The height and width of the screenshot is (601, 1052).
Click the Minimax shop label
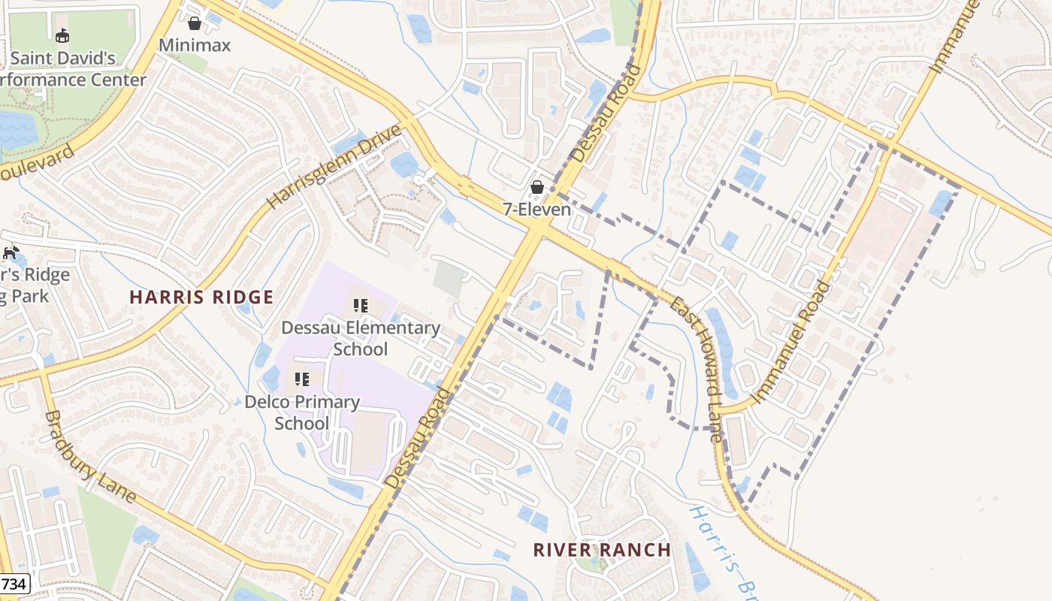coord(195,45)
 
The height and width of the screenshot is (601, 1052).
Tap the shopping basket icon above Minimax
coord(195,23)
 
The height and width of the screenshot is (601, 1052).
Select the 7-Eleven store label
coord(537,210)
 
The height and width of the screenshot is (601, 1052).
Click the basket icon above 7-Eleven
coord(537,187)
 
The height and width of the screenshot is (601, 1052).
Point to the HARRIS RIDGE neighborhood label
coord(201,297)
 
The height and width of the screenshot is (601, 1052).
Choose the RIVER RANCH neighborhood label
coord(602,550)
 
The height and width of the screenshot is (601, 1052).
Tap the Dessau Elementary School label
coord(361,338)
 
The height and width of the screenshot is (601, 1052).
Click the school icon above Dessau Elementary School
coord(361,306)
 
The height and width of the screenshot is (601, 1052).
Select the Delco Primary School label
coord(302,412)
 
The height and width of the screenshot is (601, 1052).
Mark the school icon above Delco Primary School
coord(302,379)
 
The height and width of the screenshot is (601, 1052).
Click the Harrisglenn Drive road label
coord(334,168)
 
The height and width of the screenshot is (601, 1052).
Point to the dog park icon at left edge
coord(10,252)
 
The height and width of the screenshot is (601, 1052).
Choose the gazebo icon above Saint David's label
coord(62,35)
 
